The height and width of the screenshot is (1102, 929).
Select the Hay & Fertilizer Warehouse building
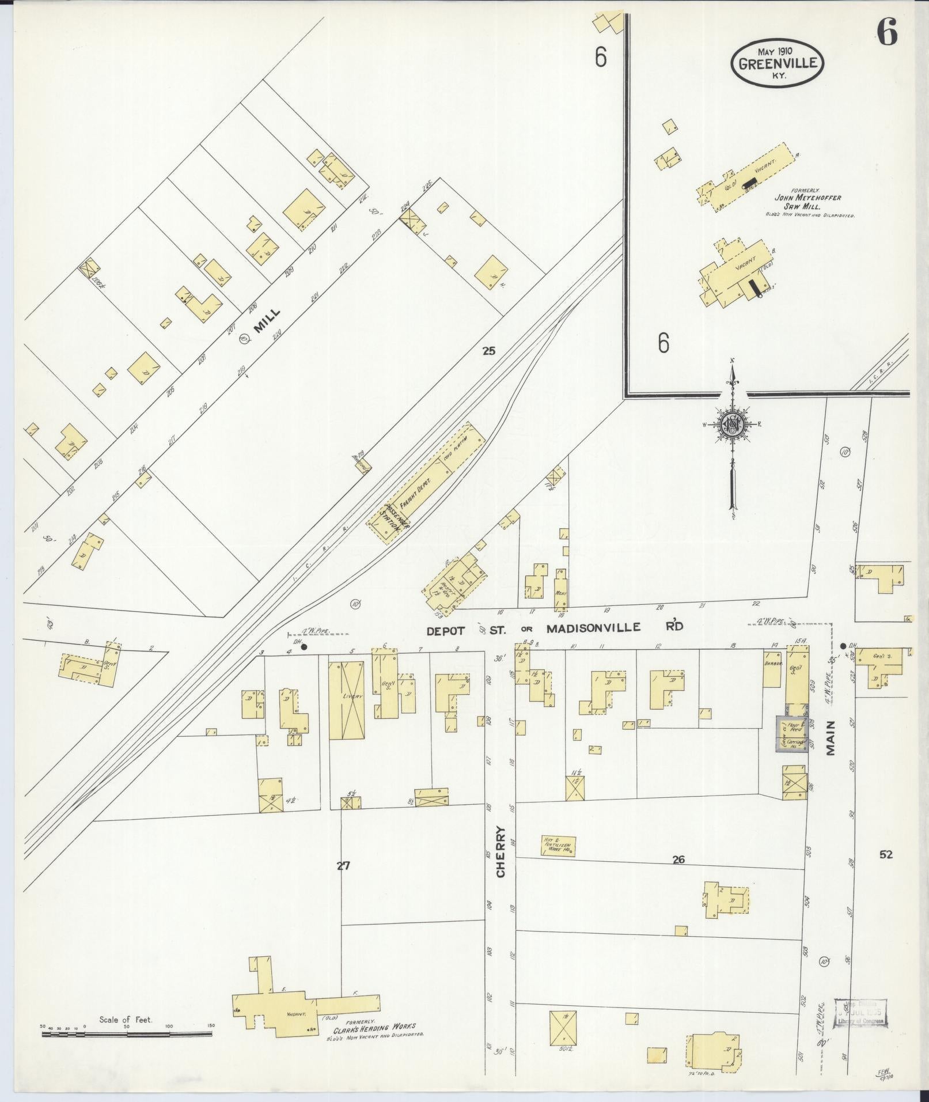(x=558, y=846)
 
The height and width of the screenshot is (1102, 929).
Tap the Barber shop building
(x=772, y=668)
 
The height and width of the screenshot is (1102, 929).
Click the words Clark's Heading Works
(x=374, y=1027)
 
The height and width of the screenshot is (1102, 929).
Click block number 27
(x=343, y=865)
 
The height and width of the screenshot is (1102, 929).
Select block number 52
(x=885, y=854)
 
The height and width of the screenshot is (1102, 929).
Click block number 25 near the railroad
(x=488, y=350)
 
